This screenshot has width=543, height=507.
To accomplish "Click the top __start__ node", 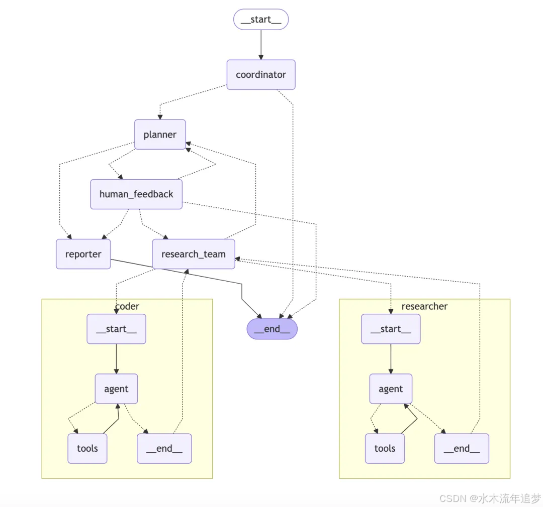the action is [261, 20].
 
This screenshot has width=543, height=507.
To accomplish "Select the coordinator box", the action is [261, 75].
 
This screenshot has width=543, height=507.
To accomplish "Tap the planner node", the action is [160, 135].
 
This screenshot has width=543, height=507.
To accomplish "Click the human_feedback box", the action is [136, 194].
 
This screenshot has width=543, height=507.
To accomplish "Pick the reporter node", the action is [83, 254].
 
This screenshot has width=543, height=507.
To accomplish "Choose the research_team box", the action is [194, 254].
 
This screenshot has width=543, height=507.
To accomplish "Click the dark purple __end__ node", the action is [272, 329].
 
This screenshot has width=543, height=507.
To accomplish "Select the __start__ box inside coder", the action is [116, 329].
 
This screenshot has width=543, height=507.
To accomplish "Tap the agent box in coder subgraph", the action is [116, 389].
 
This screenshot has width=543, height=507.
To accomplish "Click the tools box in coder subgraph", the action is [87, 449].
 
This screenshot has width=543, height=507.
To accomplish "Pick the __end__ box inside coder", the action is [164, 449].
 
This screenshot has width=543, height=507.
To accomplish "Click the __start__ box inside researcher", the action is [391, 329].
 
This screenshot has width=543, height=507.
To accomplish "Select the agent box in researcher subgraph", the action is [391, 389].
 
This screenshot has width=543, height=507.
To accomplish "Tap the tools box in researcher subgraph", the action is [385, 449].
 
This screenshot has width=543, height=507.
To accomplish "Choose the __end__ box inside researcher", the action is [462, 449].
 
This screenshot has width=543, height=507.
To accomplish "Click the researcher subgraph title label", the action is [424, 306].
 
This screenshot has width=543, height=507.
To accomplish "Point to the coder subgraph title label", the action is [127, 306].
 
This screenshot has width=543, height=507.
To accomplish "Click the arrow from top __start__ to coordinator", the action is [261, 45].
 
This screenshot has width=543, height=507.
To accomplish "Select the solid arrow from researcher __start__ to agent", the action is [391, 358].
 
